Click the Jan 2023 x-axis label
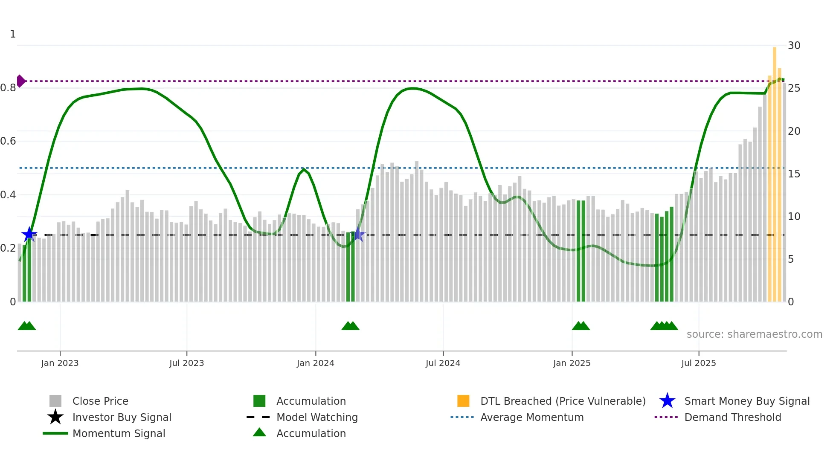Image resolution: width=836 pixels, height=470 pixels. [60, 363]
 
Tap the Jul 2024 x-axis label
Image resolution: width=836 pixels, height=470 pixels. [443, 363]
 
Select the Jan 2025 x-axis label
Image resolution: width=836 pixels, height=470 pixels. [572, 363]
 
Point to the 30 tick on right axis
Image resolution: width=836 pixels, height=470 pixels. [794, 46]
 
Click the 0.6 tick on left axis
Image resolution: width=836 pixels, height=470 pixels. [8, 141]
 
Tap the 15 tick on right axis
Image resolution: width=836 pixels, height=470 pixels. [794, 174]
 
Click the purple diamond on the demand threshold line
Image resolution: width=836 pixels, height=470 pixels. [20, 81]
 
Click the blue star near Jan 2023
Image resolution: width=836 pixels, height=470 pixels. [29, 234]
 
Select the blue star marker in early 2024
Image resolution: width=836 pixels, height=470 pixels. [358, 234]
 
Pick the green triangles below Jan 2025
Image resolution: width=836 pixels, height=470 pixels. [581, 326]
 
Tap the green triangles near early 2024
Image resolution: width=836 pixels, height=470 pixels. [350, 326]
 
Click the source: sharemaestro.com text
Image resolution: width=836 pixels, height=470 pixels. [754, 334]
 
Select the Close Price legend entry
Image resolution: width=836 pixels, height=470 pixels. [100, 401]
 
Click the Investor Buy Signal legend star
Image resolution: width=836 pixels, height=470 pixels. [55, 417]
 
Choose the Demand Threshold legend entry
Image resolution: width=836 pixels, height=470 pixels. [732, 417]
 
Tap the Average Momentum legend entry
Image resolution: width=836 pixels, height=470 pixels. [531, 417]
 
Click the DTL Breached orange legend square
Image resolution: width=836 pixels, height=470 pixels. [463, 401]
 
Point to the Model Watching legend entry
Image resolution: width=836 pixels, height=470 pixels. [317, 417]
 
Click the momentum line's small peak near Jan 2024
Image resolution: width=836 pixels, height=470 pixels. [303, 169]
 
